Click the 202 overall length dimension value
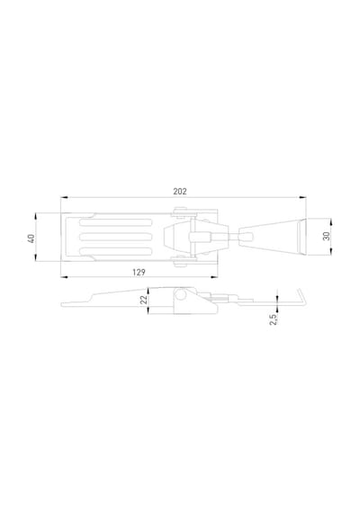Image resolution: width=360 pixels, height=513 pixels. (x=180, y=192)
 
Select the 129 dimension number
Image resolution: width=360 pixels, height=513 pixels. (x=139, y=272)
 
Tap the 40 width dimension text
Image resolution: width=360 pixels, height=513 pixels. (x=31, y=238)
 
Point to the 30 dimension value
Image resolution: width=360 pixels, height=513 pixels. (x=327, y=236)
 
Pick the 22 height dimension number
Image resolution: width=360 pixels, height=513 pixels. (x=144, y=300)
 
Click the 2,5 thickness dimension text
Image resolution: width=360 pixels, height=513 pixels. (x=273, y=319)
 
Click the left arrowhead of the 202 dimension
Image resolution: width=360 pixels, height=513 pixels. (x=64, y=197)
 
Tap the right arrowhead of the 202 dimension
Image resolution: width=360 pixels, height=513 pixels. (x=303, y=197)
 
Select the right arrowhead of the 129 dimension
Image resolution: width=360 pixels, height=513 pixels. (x=214, y=277)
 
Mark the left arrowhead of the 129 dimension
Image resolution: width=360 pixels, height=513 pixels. (x=64, y=277)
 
